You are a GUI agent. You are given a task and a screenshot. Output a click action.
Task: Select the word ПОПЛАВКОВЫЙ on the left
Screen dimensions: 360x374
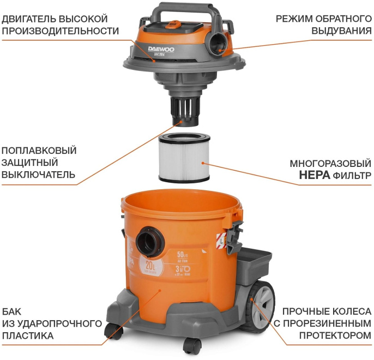(x=39, y=151)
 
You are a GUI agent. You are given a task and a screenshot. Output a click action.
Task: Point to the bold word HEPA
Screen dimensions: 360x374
(x=313, y=176)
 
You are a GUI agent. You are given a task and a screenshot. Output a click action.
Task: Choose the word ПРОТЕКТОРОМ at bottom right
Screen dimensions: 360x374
(x=331, y=336)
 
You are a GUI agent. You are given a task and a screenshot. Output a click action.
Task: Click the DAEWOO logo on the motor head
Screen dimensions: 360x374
(x=163, y=49)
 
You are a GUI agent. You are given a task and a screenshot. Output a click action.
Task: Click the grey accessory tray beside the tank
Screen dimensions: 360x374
(x=253, y=257)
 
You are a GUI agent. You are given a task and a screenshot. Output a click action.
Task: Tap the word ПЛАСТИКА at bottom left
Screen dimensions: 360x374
(x=27, y=336)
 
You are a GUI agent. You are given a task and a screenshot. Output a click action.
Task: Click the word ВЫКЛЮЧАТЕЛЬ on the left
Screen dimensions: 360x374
(x=38, y=175)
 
